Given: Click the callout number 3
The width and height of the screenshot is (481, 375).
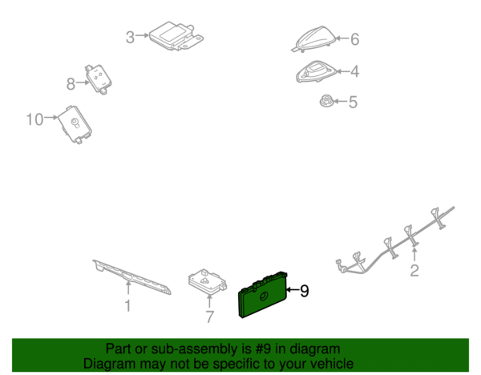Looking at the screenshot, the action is tap(130, 38).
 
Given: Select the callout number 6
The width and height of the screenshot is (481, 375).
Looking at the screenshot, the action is tap(354, 39).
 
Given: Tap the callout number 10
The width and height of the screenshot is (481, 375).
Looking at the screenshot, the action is tap(34, 119).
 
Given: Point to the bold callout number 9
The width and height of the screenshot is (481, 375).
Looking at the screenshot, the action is tap(304, 291).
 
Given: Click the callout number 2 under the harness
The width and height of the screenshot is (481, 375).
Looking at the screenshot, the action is tap(414, 271).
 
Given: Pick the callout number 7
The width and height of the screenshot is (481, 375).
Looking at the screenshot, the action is tap(209, 317).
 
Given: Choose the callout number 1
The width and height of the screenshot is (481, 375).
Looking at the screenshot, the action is tap(128, 306).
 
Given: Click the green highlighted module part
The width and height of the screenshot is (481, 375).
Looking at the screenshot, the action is tap(263, 294).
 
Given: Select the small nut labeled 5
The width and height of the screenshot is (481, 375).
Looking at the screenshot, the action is tap(325, 101).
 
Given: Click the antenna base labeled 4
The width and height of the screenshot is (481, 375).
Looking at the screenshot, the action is tap(317, 71).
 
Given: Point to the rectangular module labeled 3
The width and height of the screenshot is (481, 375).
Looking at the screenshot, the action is tap(176, 36).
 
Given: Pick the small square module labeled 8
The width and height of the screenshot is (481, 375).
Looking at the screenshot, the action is tap(98, 79).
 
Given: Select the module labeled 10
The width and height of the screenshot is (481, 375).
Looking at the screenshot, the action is tap(75, 124).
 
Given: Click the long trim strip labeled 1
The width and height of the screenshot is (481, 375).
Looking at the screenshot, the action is tap(132, 277).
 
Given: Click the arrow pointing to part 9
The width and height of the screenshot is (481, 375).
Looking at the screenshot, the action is tap(292, 289).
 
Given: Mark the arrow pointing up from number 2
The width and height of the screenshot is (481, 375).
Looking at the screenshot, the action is tap(414, 255).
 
